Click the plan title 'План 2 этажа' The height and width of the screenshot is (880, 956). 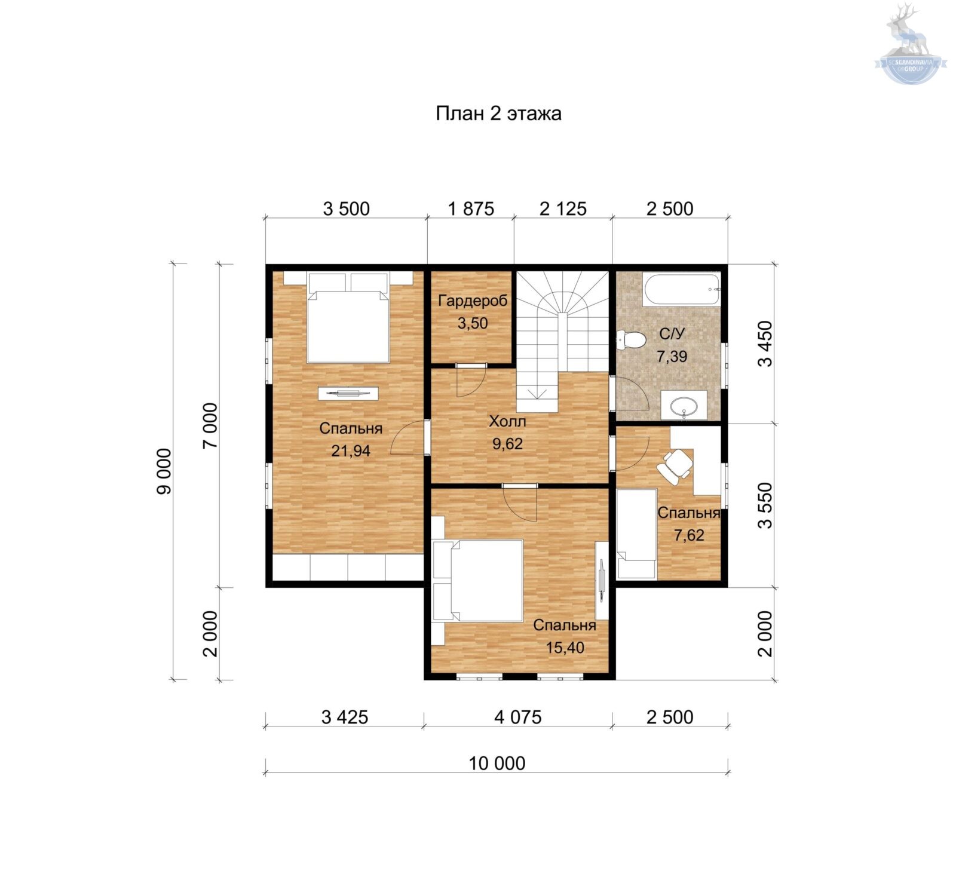(498, 114)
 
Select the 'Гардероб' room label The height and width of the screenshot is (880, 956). (472, 301)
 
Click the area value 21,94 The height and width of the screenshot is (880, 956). (351, 451)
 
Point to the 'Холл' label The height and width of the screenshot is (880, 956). (507, 422)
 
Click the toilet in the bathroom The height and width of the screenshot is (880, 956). (632, 341)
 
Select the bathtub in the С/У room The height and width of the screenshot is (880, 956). (682, 290)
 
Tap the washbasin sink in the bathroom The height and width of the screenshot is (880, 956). (684, 406)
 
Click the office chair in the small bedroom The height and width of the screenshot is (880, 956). (675, 464)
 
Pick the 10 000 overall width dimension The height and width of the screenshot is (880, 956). (497, 763)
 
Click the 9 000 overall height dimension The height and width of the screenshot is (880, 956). (164, 471)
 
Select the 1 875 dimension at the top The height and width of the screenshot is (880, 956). (471, 208)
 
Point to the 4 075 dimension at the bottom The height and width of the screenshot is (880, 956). (518, 717)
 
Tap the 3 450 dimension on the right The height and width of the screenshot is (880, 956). (765, 344)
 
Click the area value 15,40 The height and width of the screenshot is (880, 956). (565, 648)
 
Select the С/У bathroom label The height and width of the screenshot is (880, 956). (672, 334)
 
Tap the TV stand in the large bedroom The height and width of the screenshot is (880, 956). (348, 393)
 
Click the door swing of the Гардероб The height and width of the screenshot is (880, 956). (470, 380)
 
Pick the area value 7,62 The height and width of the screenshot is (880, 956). (689, 535)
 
